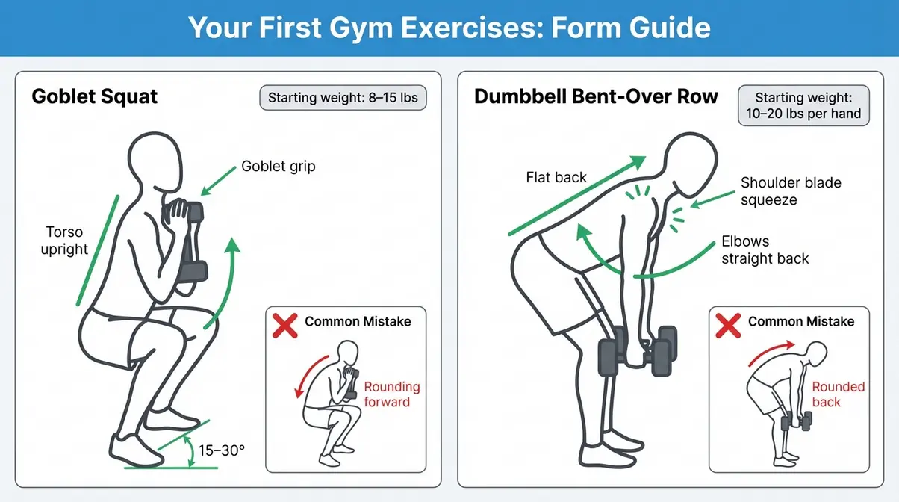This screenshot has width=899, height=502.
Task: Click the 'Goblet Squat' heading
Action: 95,97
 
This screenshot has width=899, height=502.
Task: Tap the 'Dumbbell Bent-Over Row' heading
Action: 597,96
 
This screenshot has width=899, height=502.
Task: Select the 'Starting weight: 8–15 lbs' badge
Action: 343,98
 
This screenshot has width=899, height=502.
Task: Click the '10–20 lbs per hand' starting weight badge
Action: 803,106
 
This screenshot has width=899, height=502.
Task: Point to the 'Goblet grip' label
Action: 279,166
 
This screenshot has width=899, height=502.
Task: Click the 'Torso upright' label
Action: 65,240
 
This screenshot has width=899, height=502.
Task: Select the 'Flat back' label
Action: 556,177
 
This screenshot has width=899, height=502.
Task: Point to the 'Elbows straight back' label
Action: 765,250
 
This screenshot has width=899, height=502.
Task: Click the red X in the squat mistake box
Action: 285,324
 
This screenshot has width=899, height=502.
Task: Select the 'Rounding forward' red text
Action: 392,394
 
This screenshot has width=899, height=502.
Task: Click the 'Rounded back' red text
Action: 838,394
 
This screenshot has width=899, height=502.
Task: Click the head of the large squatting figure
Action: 155,161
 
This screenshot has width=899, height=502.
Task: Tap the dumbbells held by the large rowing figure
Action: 638,348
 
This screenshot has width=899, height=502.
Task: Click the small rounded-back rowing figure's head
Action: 816,353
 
